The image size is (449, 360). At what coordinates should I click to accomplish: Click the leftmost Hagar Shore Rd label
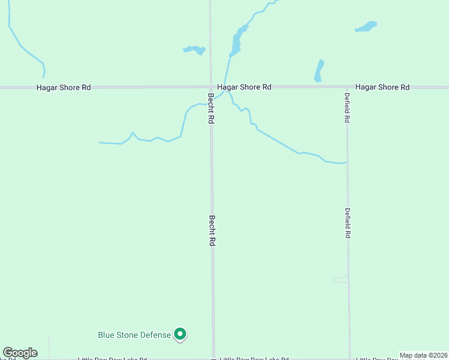(x=64, y=87)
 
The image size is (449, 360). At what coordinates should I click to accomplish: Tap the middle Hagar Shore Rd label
(x=244, y=87)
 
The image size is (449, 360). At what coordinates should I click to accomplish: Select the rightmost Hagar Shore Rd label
(x=382, y=87)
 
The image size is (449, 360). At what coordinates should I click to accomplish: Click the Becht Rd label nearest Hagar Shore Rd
(x=211, y=109)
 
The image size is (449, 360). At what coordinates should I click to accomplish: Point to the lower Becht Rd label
(x=212, y=231)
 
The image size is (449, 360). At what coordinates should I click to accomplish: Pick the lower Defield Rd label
(x=348, y=223)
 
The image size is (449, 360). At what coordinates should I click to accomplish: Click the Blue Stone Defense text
(x=134, y=335)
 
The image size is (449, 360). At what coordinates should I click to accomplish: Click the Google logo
(x=20, y=353)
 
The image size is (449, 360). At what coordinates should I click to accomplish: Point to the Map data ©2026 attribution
(x=423, y=355)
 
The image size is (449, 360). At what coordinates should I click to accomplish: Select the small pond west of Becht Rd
(x=194, y=49)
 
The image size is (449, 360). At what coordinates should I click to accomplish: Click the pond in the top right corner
(x=366, y=26)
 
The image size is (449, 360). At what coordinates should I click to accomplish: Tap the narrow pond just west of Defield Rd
(x=319, y=70)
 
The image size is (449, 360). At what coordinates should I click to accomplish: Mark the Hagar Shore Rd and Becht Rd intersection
(x=210, y=87)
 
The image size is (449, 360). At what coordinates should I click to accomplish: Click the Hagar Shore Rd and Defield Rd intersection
(x=347, y=87)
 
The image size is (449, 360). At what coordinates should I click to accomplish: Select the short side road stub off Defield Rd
(x=340, y=279)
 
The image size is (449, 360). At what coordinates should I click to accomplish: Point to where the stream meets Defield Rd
(x=347, y=162)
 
